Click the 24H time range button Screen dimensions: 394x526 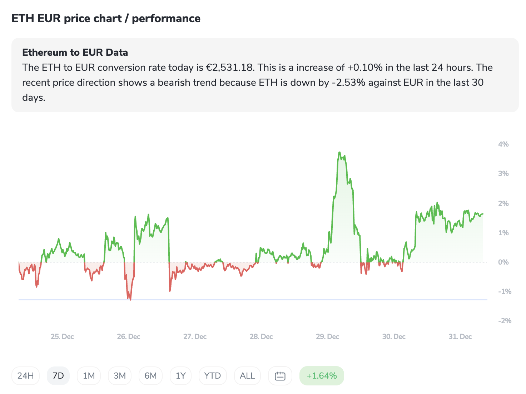(x=25, y=376)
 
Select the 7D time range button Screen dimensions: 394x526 (x=58, y=376)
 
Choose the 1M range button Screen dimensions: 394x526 (x=89, y=376)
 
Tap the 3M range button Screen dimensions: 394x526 (x=120, y=376)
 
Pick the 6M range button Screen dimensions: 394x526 (x=150, y=376)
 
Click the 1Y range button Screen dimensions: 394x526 (x=181, y=376)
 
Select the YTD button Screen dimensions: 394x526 (x=213, y=376)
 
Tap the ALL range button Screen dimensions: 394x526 (x=247, y=376)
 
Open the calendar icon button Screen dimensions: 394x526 (x=280, y=376)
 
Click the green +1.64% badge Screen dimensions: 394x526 (x=322, y=376)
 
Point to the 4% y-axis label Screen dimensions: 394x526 (x=503, y=144)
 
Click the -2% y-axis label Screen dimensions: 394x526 (x=505, y=321)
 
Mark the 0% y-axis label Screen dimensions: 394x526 (x=503, y=262)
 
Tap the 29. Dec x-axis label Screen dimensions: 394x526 (x=327, y=336)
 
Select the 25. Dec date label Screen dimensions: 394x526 (x=62, y=336)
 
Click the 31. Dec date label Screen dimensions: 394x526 (x=460, y=336)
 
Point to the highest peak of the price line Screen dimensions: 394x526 (x=339, y=153)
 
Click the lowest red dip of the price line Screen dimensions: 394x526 (x=130, y=299)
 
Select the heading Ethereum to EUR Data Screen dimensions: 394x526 (x=75, y=53)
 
